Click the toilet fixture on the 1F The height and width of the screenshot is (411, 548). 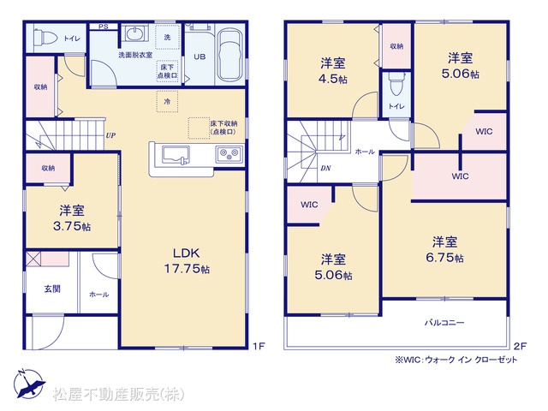[x=45, y=37]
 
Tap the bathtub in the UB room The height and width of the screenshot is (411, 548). [x=229, y=55]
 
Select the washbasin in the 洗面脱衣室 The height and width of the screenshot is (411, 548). [x=134, y=34]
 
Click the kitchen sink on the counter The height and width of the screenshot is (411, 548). [x=176, y=155]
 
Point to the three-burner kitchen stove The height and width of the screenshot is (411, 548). [x=229, y=154]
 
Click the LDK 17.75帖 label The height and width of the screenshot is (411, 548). [x=187, y=260]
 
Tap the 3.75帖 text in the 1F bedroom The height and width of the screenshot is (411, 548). [x=72, y=226]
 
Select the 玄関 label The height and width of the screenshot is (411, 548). [x=52, y=289]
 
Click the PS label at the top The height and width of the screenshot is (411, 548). [x=103, y=27]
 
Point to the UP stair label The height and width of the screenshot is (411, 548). [x=110, y=135]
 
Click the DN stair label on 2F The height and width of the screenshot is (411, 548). [x=325, y=168]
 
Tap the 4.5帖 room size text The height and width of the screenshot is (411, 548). [x=333, y=79]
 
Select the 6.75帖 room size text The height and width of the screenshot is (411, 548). [x=444, y=258]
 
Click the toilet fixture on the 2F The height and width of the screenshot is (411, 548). [x=396, y=84]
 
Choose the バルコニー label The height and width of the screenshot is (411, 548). [x=444, y=322]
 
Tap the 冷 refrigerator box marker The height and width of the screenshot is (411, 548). [x=168, y=101]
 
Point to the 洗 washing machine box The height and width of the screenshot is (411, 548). [x=168, y=37]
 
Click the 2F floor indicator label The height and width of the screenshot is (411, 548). [x=520, y=346]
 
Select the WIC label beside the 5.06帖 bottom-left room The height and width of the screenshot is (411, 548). [x=309, y=205]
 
